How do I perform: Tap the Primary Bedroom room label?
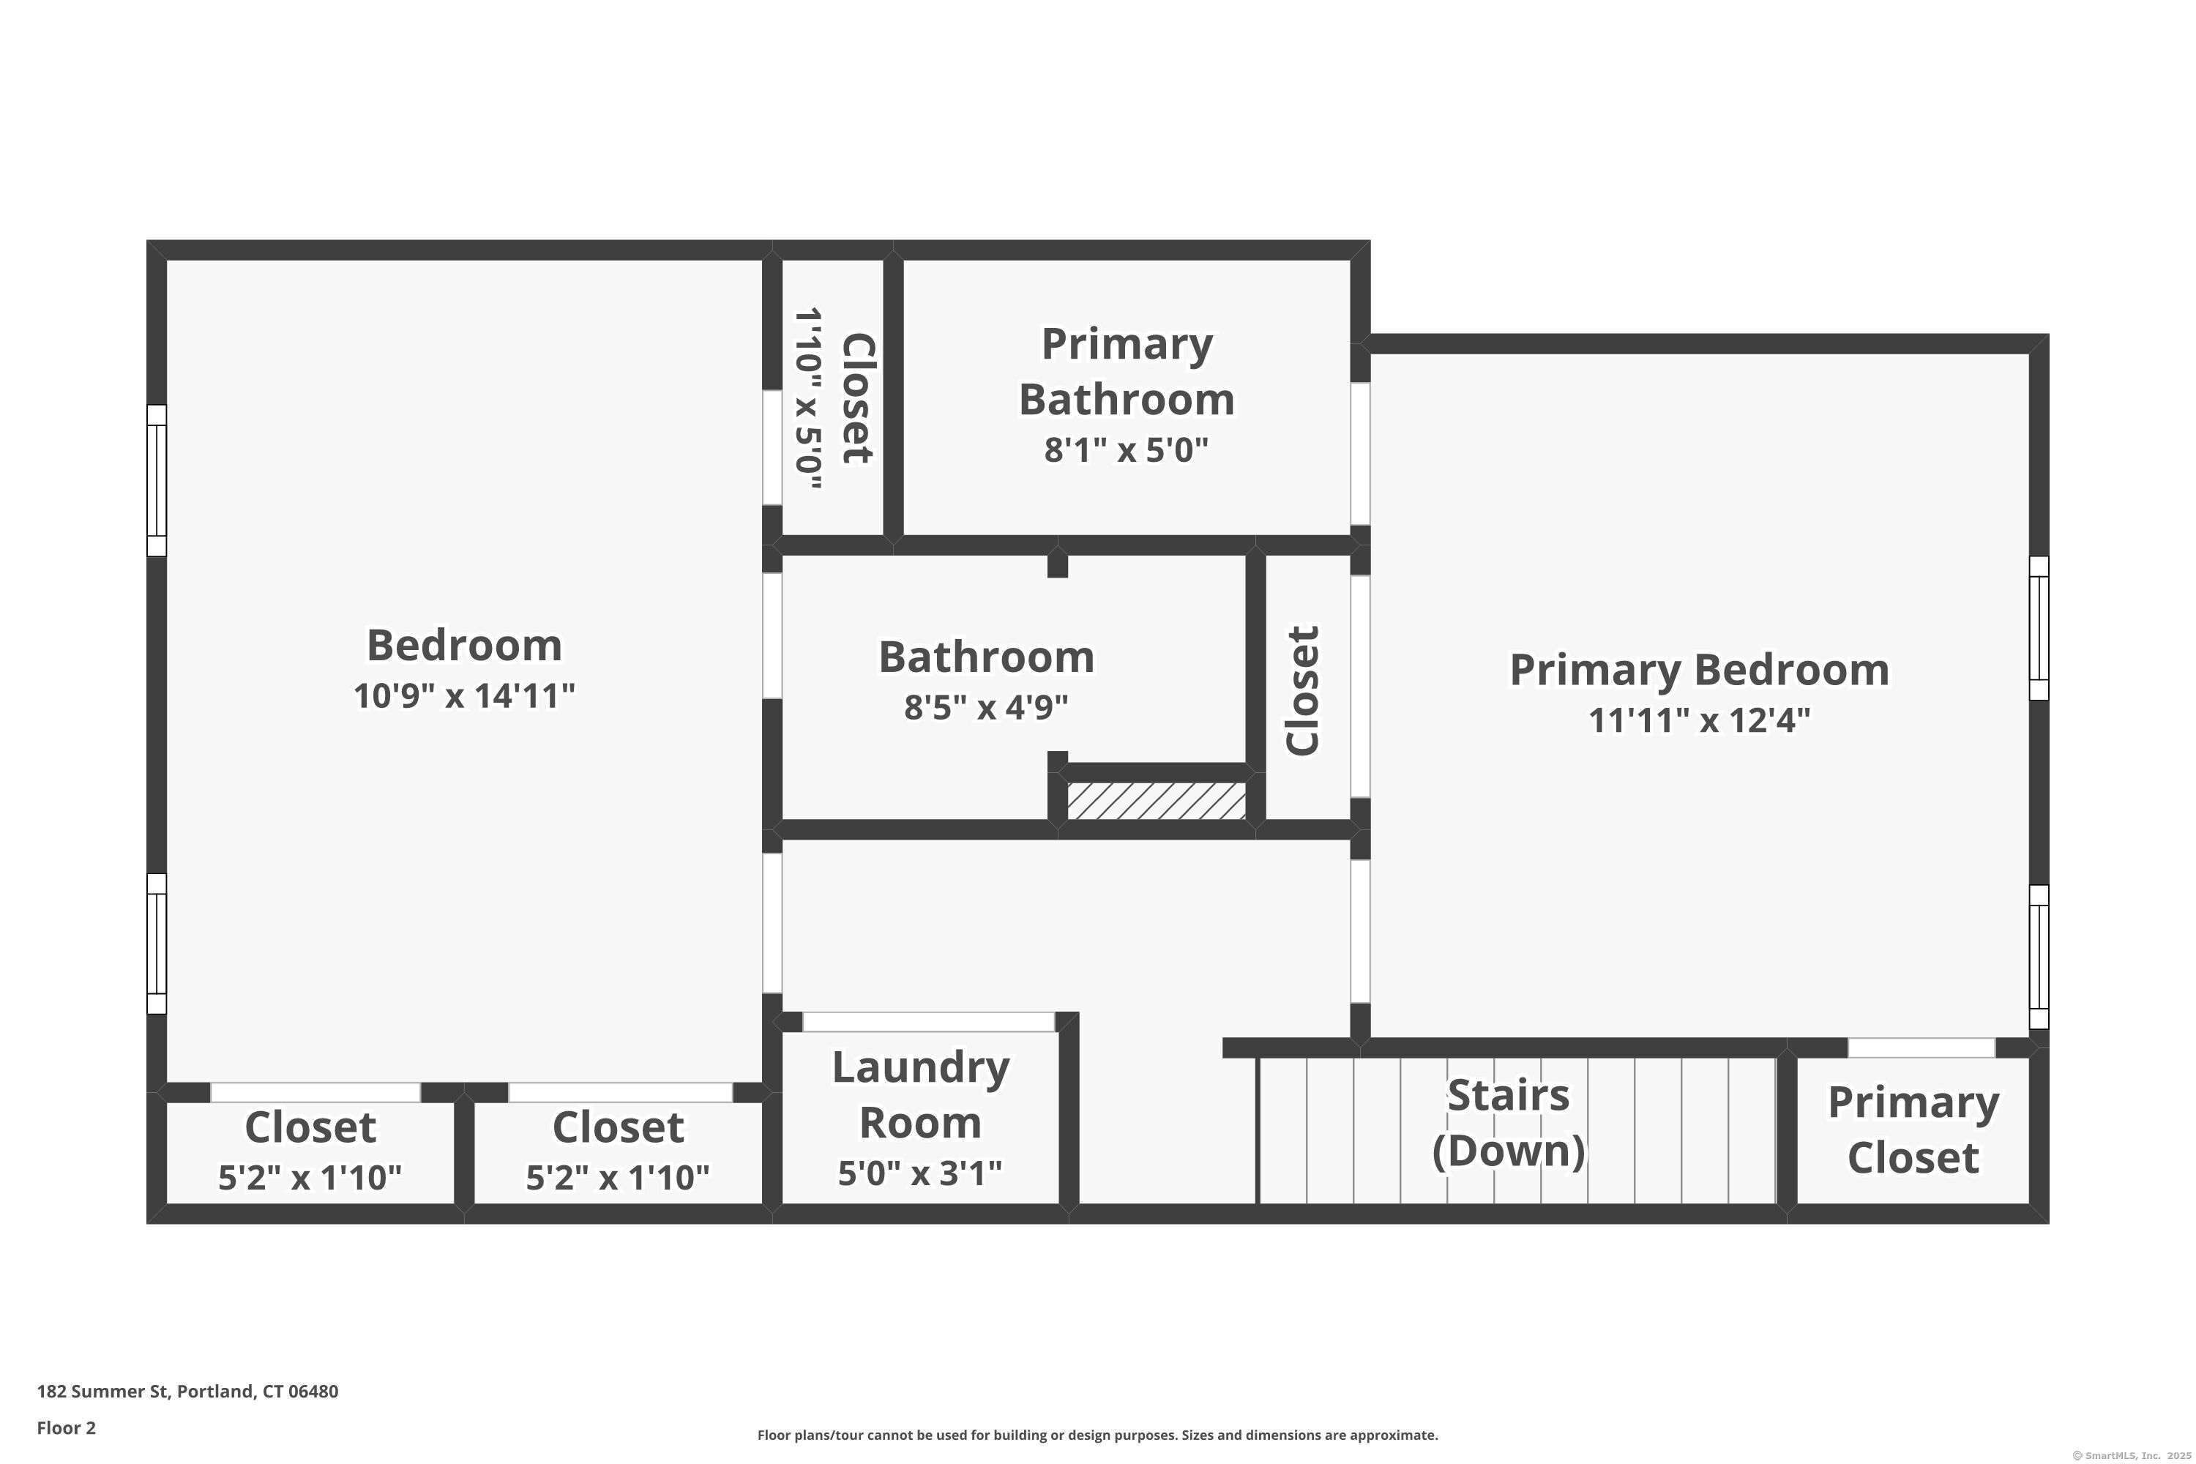click(1698, 671)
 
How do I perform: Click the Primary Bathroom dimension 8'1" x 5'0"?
click(1126, 451)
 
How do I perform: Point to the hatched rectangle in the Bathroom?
click(1156, 801)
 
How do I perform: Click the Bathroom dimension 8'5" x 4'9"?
click(986, 708)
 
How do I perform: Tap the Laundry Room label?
click(921, 1094)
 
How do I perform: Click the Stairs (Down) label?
click(1508, 1123)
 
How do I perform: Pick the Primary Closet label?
click(1913, 1129)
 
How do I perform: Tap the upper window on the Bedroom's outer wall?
click(157, 481)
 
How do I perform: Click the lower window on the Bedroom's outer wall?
click(157, 944)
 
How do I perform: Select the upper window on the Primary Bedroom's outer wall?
click(2039, 628)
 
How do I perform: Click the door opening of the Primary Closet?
click(1921, 1047)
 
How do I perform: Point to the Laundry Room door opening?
click(928, 1021)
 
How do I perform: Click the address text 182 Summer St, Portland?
click(187, 1392)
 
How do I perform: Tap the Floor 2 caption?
click(67, 1427)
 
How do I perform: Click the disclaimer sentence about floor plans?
click(1097, 1435)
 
